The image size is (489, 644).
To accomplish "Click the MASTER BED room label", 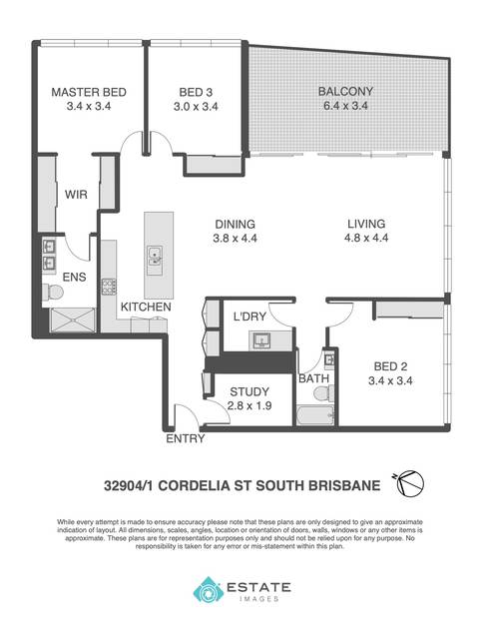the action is point(89,92).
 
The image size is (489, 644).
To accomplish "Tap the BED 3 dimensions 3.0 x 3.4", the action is point(196,107).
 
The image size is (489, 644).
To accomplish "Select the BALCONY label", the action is point(345,91).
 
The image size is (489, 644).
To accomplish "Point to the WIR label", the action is point(76,195).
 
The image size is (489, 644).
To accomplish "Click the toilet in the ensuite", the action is point(53,292).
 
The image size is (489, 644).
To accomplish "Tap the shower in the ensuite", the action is point(72,320).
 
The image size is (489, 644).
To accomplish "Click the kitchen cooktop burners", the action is point(109,287).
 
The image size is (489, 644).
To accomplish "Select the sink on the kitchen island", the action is point(155,256).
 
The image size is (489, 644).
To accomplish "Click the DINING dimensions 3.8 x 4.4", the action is point(235,239).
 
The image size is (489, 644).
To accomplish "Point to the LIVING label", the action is point(366,224).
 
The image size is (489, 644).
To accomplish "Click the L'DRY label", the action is point(249,317).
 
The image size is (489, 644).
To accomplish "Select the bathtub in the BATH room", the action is point(314,415).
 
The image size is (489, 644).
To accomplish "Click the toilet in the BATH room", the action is point(324,394).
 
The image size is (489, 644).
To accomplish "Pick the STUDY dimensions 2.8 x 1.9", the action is point(249,405).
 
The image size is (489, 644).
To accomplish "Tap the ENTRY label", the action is point(186,438).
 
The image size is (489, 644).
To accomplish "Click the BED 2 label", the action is point(390,366).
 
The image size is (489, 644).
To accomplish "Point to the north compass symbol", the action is point(410,483).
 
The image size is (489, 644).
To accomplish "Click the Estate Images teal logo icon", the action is point(209,589).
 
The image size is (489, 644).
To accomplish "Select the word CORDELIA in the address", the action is point(194,486).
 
